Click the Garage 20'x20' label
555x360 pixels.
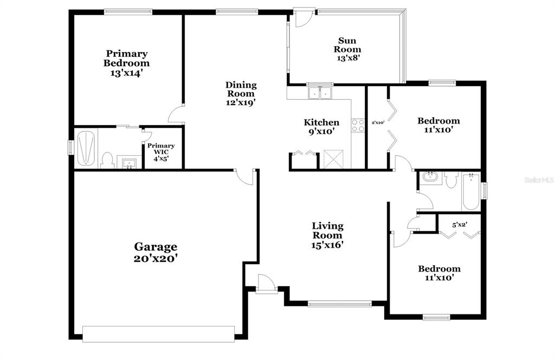156,253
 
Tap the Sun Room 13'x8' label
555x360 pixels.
347,49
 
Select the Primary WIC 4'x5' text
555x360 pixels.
161,152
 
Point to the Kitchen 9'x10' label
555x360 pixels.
321,127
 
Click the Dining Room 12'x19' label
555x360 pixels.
241,94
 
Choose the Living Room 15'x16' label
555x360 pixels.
327,235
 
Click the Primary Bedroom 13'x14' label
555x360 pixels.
126,63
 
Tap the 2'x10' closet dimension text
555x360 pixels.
378,123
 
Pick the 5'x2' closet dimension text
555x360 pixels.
460,224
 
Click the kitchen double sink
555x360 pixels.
320,93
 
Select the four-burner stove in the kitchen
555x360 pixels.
358,125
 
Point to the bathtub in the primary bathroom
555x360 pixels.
86,149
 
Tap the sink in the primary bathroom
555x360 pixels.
129,164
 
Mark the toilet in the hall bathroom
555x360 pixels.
451,179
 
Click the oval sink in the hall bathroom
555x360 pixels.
430,176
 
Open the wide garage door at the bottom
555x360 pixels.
158,334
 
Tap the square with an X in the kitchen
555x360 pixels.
333,159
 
